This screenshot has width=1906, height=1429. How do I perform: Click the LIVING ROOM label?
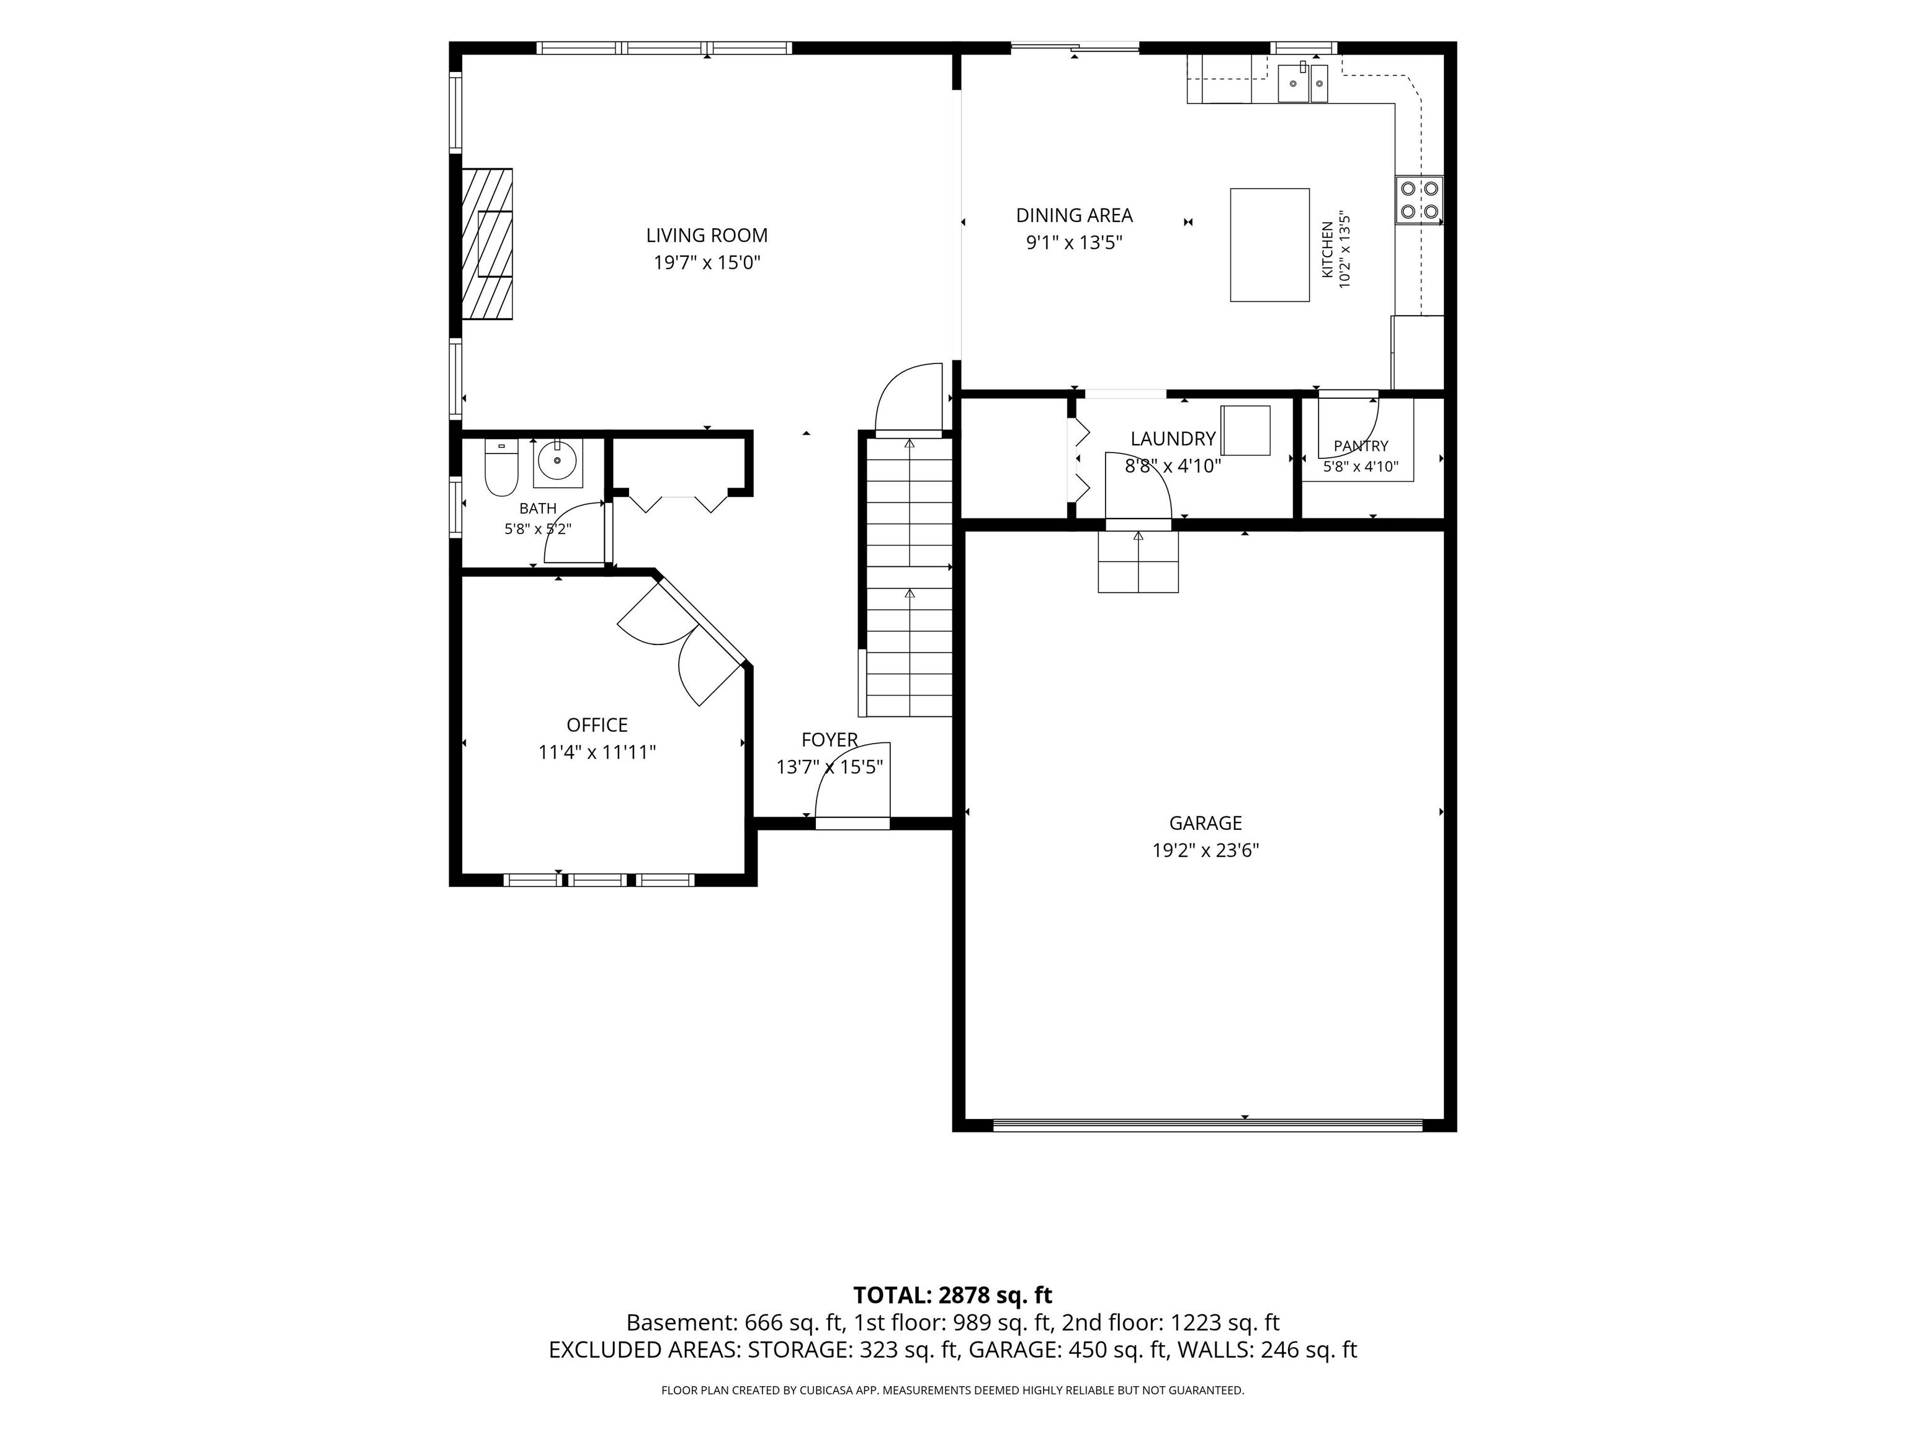click(707, 235)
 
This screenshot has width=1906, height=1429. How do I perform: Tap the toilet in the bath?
click(501, 468)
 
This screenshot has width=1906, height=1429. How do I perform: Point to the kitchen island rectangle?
click(1269, 244)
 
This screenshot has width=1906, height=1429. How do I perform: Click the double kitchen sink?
click(1303, 82)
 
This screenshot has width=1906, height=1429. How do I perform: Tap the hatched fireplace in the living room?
click(487, 244)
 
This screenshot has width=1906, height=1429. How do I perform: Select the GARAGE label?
click(1206, 822)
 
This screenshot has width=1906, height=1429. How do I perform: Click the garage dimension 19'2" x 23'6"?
click(1206, 850)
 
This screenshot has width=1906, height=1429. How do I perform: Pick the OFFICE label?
click(597, 724)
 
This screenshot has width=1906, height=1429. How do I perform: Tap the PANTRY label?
click(1361, 445)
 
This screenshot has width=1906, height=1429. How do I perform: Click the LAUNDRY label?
click(1173, 438)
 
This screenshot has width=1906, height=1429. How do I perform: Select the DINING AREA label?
click(1073, 215)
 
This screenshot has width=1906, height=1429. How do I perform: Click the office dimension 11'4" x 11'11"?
click(597, 752)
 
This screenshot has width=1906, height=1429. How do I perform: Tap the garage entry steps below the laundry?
click(1137, 561)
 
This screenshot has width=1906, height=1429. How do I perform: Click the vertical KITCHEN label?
click(1328, 250)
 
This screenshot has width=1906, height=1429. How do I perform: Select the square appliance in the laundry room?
click(1245, 430)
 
